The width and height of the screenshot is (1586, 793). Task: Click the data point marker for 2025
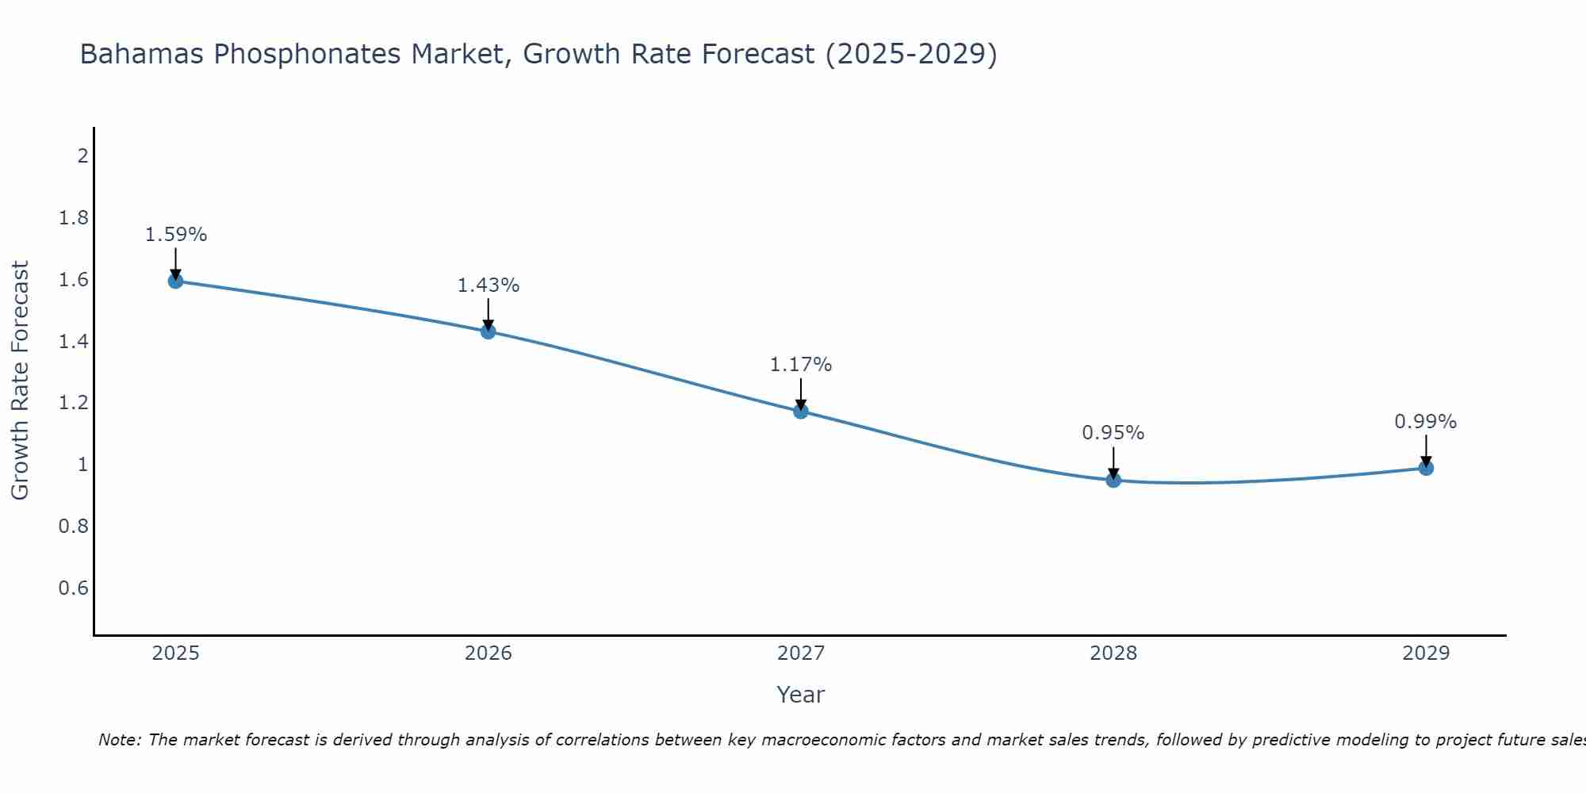point(176,281)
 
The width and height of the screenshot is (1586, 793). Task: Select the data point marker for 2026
point(488,331)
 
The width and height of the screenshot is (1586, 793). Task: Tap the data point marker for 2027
point(801,411)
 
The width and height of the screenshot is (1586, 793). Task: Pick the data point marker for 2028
point(1113,480)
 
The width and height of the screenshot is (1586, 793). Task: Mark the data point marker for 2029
point(1426,468)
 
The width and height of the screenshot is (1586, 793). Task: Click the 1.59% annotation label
point(176,235)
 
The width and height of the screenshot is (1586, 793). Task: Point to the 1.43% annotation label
point(488,285)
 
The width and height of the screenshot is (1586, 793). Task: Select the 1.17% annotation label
point(801,365)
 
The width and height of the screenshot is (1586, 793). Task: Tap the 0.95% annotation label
point(1113,433)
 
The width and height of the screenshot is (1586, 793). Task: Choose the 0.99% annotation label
point(1426,422)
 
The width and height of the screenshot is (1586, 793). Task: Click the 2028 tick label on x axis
point(1113,653)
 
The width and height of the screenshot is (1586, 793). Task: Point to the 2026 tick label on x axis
point(488,653)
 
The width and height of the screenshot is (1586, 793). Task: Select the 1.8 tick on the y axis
point(74,217)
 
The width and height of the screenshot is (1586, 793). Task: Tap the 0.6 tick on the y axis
point(74,588)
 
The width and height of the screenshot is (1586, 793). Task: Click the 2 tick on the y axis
point(82,155)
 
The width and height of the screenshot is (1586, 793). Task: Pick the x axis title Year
point(801,695)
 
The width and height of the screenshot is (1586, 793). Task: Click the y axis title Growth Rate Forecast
point(20,381)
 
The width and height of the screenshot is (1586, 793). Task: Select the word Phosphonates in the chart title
point(308,55)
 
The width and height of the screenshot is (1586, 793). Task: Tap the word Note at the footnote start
point(119,740)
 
